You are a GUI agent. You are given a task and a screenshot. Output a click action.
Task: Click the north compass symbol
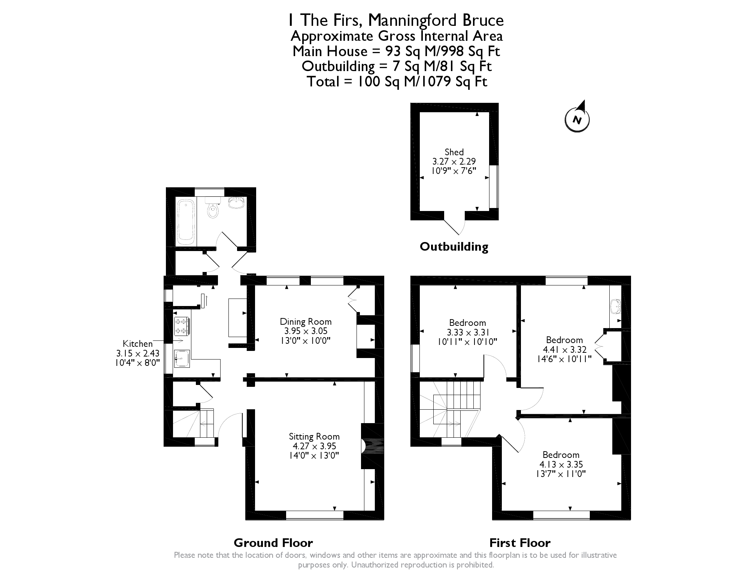pos(577,119)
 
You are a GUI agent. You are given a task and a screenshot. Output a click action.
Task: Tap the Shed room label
pos(454,152)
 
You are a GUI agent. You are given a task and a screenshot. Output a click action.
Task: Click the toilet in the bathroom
pos(213,209)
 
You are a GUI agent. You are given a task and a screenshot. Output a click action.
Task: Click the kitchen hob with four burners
pos(181,326)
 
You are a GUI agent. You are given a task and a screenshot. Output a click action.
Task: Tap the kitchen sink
pos(182,359)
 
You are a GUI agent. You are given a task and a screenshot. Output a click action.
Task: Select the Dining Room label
pos(306,321)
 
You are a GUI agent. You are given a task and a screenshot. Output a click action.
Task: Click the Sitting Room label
pos(314,436)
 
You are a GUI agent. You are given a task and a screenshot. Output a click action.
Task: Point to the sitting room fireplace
pos(369,446)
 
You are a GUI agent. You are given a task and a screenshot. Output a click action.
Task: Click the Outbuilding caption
pos(454,247)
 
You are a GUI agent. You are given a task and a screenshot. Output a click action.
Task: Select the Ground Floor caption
pos(273,542)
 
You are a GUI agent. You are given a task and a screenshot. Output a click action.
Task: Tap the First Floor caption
pos(520,542)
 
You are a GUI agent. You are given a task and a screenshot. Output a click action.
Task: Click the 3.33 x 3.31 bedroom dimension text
pos(468,332)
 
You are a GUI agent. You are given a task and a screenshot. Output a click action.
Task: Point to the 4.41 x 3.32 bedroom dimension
pos(564,349)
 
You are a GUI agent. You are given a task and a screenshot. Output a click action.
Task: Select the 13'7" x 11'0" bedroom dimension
pos(561,474)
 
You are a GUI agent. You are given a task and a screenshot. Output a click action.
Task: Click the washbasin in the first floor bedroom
pos(615,306)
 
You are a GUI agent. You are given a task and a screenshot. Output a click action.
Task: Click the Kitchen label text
pos(138,343)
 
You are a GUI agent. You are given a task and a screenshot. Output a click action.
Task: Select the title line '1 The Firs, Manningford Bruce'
pos(396,20)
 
